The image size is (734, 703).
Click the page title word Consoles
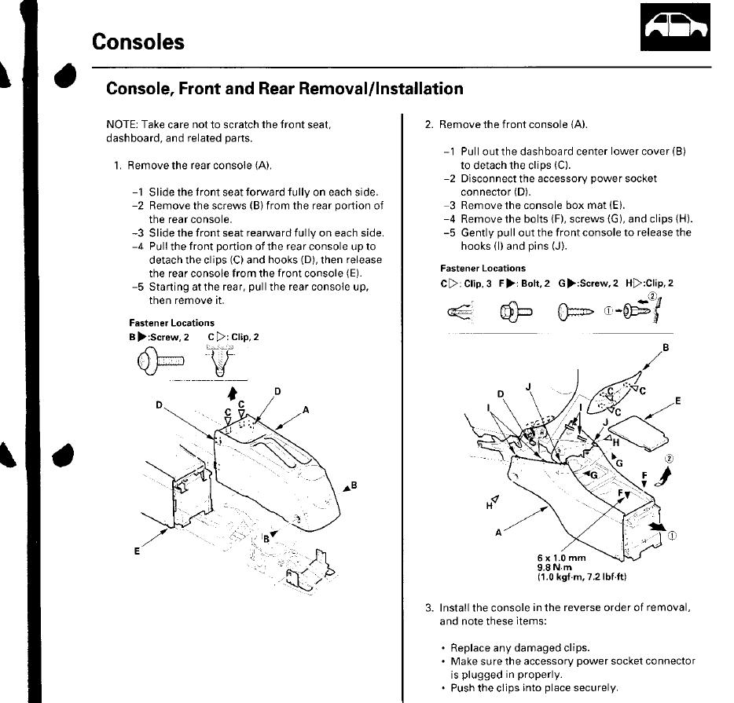(x=138, y=42)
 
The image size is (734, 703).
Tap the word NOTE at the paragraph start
(x=120, y=126)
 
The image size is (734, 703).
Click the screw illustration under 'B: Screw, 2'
(x=160, y=361)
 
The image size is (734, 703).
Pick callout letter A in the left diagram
(x=305, y=409)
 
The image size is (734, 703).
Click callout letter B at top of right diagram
(x=666, y=347)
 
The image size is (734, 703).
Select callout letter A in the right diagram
(x=498, y=532)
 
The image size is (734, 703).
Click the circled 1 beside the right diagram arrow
(x=673, y=536)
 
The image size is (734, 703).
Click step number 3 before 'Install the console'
(x=429, y=608)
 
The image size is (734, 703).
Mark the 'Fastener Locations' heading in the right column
(x=483, y=269)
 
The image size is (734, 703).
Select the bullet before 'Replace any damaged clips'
(x=444, y=649)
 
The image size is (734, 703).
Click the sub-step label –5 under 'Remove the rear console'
(x=138, y=287)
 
